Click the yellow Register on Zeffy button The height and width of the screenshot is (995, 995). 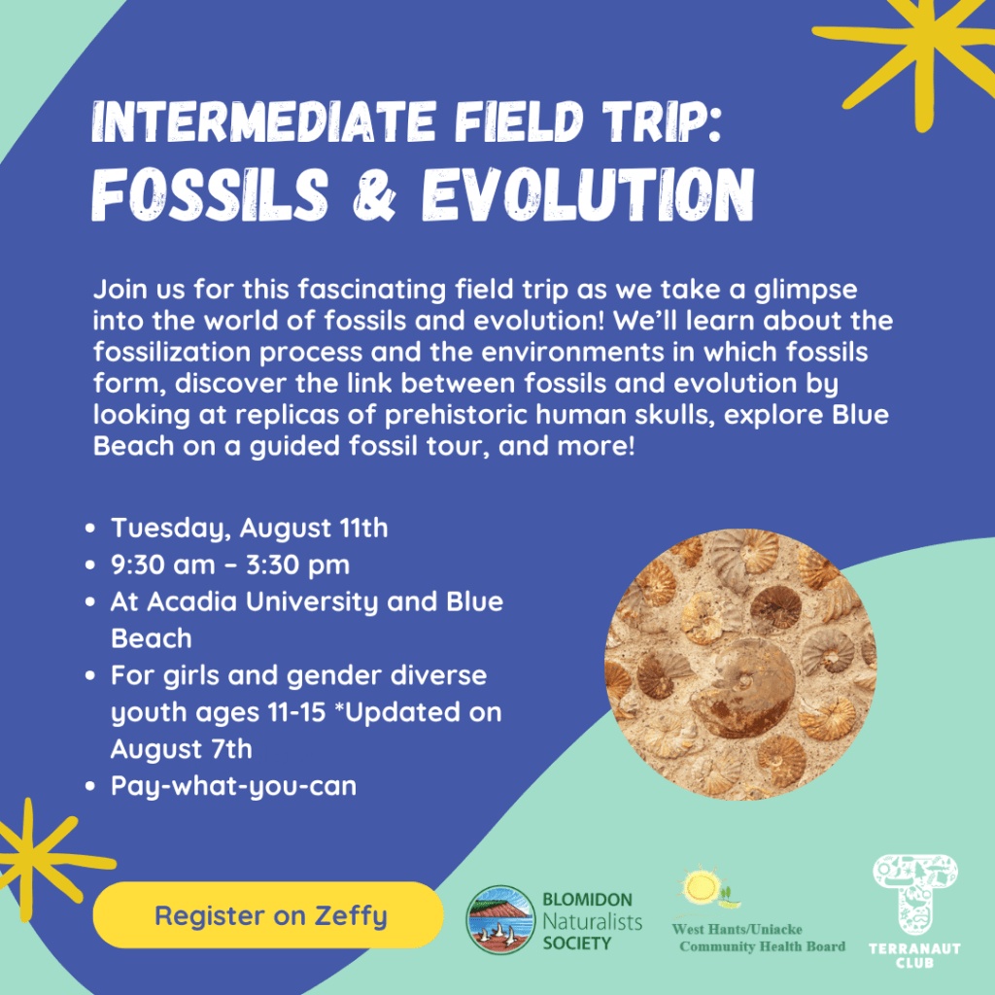coord(268,914)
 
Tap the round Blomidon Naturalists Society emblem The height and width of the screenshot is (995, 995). coord(500,919)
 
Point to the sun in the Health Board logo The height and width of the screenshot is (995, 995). coord(702,885)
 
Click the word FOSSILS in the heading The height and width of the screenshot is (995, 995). coord(210,194)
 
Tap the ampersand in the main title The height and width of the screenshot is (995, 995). coord(374,194)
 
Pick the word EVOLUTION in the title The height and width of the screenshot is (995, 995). coord(588,194)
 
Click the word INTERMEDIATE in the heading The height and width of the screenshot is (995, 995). coord(264,121)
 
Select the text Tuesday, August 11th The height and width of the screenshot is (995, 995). coord(250,528)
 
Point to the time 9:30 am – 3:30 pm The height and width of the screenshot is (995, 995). coord(230,565)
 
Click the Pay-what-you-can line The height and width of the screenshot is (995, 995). coord(233,786)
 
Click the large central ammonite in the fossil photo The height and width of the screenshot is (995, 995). coord(742,687)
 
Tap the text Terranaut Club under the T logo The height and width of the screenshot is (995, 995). coord(914,956)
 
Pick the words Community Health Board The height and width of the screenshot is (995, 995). coord(762,946)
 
